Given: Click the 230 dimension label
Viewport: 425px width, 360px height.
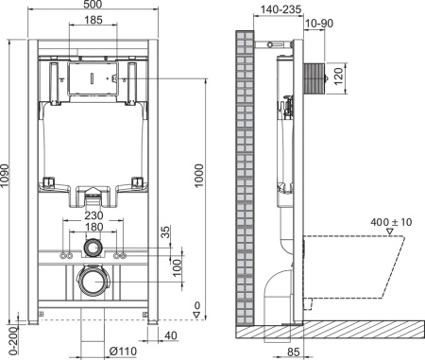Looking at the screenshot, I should (94, 215).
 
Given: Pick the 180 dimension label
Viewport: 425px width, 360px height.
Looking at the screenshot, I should (94, 229).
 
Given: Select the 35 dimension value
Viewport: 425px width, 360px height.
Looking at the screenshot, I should (166, 232).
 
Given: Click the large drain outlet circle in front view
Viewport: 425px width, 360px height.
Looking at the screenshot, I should (94, 282).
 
